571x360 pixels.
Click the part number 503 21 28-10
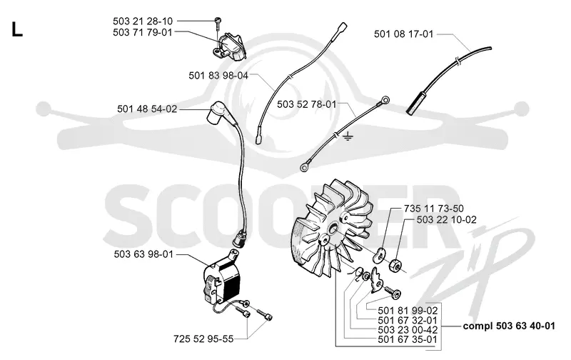coord(143,21)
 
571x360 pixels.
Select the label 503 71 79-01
coord(143,32)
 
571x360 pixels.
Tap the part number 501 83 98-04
coord(218,76)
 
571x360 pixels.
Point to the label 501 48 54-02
coord(147,109)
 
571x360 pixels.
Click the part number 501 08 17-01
coord(404,34)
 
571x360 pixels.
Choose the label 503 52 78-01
coord(307,104)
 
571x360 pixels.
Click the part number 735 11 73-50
coord(434,209)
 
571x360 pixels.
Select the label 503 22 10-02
coord(447,220)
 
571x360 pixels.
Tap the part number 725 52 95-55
coord(203,339)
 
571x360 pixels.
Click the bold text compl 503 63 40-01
coord(509,326)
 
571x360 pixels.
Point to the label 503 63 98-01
coord(143,254)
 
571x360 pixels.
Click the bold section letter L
coord(16,29)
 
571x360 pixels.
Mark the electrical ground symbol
coord(348,137)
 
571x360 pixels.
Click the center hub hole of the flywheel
coord(333,229)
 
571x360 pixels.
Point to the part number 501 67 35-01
coord(408,339)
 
